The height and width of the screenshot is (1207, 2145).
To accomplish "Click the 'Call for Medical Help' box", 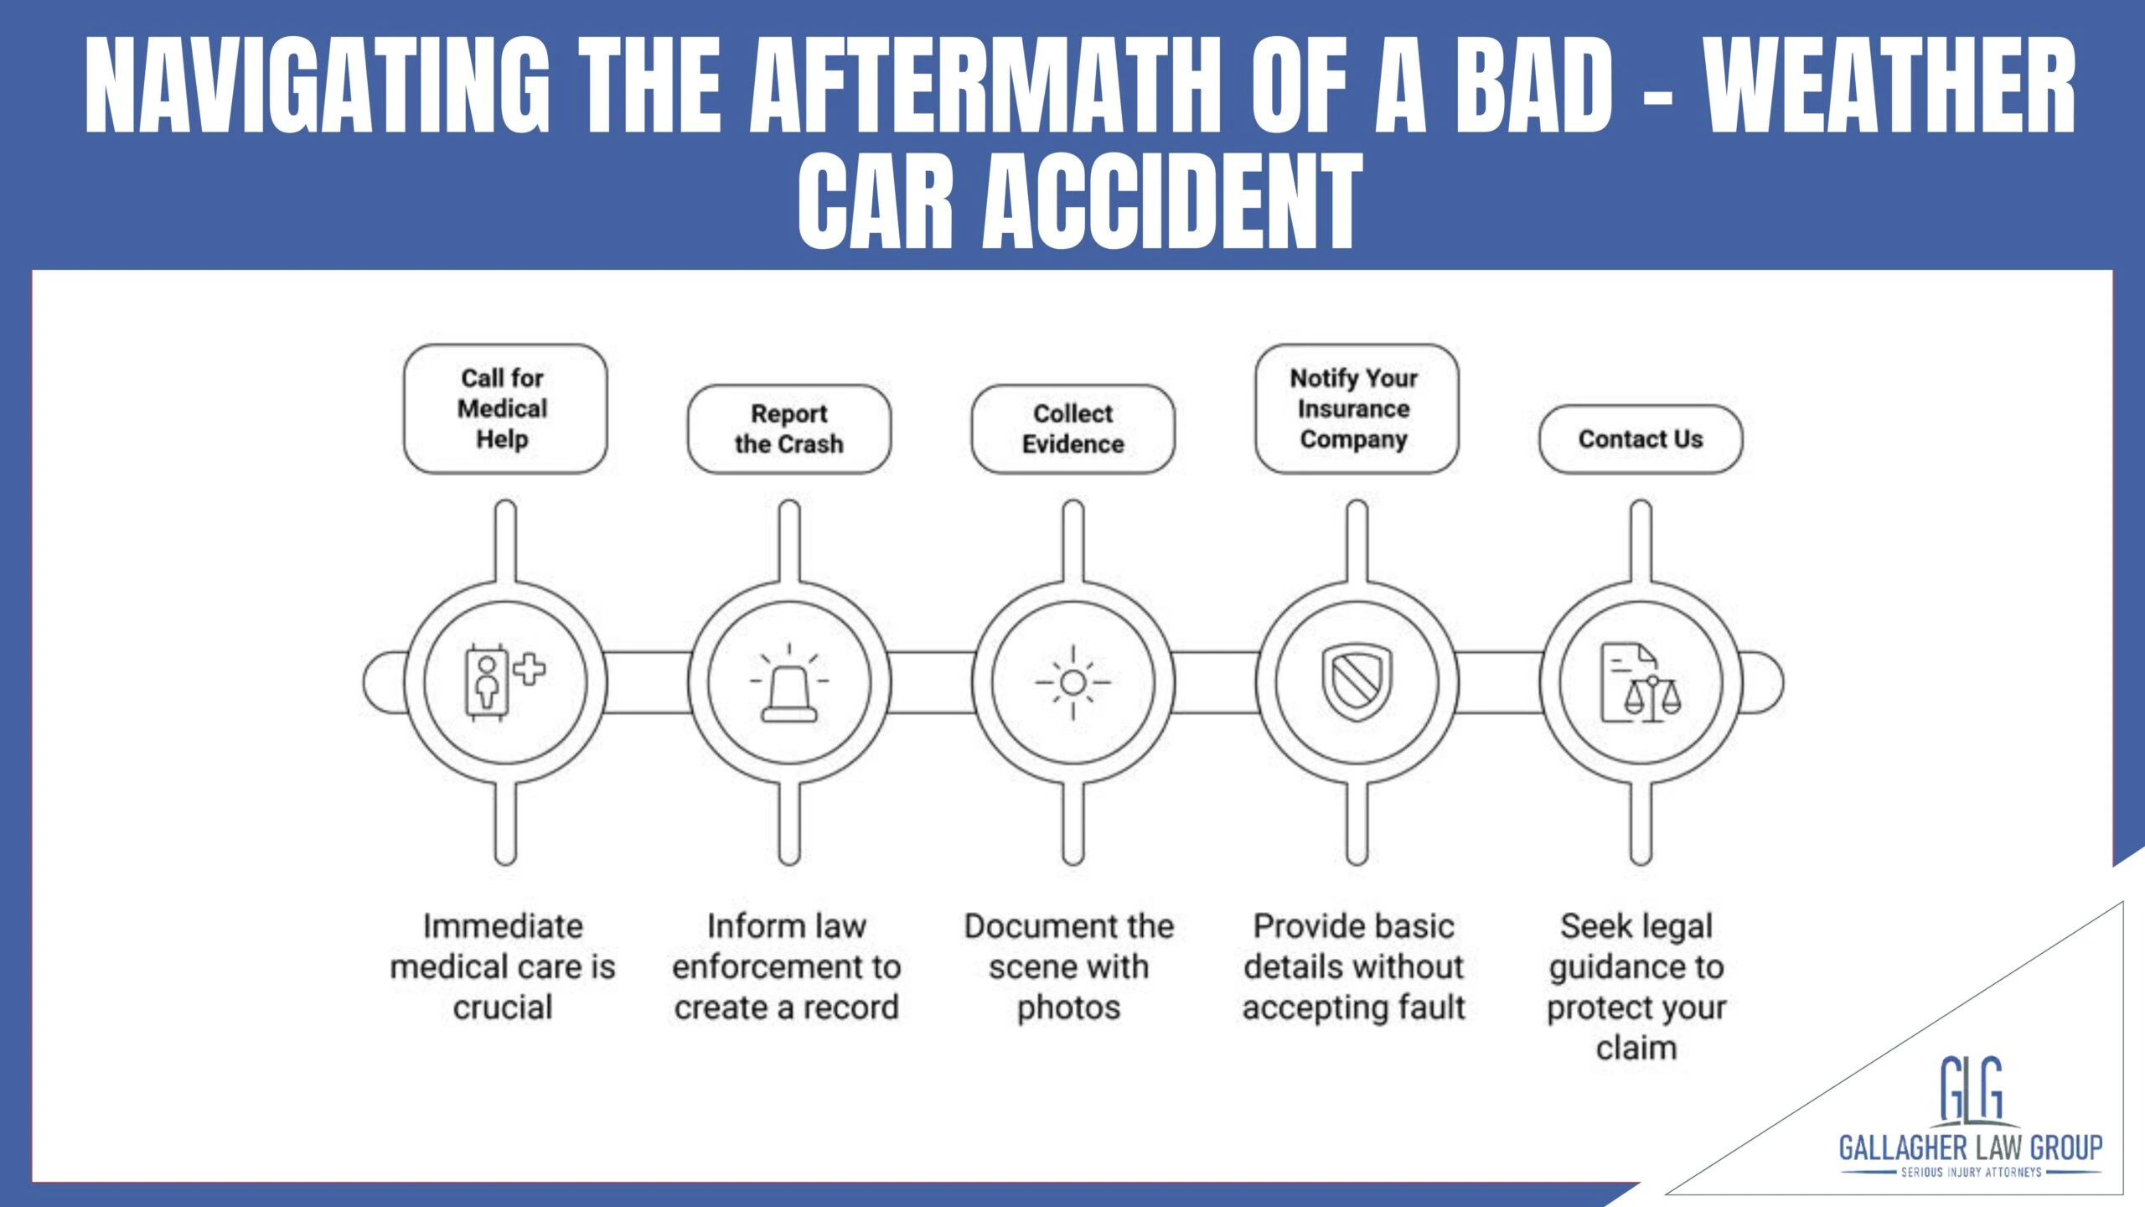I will coord(504,408).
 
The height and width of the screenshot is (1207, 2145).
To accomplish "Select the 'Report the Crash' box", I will coord(788,428).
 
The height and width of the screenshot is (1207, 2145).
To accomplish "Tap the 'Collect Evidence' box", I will coord(1072,428).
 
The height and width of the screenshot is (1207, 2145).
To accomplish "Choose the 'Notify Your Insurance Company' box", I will coord(1356,408).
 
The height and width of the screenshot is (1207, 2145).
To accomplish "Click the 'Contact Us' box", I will coord(1640,438).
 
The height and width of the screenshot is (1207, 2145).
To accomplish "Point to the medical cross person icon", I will coord(504,681).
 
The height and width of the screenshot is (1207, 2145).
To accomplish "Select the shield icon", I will coord(1357,681).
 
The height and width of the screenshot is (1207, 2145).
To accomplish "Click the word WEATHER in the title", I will coord(1891,86).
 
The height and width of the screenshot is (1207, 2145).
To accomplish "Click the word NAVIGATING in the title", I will coord(318,86).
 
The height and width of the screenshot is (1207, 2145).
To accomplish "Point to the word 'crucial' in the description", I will coord(503,1008).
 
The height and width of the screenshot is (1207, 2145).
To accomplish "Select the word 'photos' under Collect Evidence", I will coord(1068,1008).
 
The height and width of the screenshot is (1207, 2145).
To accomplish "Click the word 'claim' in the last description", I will coord(1636,1048).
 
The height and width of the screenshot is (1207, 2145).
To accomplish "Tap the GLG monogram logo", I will coord(1971,1089).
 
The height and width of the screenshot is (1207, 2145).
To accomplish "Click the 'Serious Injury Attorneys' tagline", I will coord(1971,1172).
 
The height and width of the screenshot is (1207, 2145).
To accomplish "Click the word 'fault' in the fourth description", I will coord(1433,1008).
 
